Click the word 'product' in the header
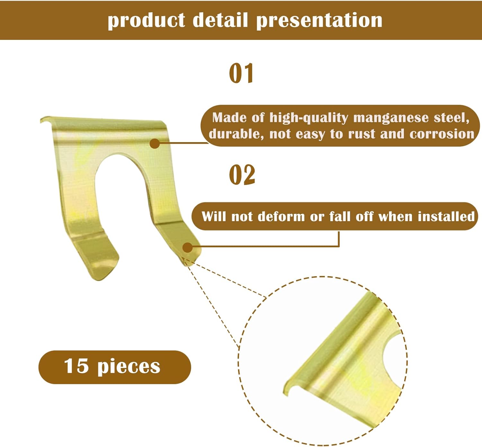pos(146,21)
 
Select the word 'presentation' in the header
pos(319,21)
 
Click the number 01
pos(241,73)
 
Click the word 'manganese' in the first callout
pos(391,118)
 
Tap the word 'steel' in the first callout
pos(451,118)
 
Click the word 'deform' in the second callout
pos(281,216)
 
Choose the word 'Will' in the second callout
pos(214,216)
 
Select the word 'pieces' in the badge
pos(129,367)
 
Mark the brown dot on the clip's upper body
pos(155,143)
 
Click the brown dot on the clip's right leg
pos(187,248)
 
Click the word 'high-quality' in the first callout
pos(308,118)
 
